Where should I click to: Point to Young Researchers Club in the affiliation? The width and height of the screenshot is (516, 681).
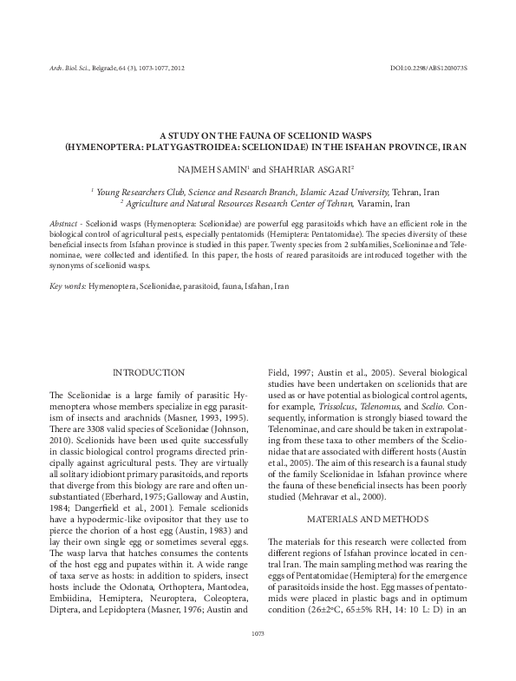[140, 191]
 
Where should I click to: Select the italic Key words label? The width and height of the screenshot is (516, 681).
[67, 285]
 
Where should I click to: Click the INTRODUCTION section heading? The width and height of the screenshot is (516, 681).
[148, 372]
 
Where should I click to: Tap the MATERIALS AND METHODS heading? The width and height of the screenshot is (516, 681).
[368, 520]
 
